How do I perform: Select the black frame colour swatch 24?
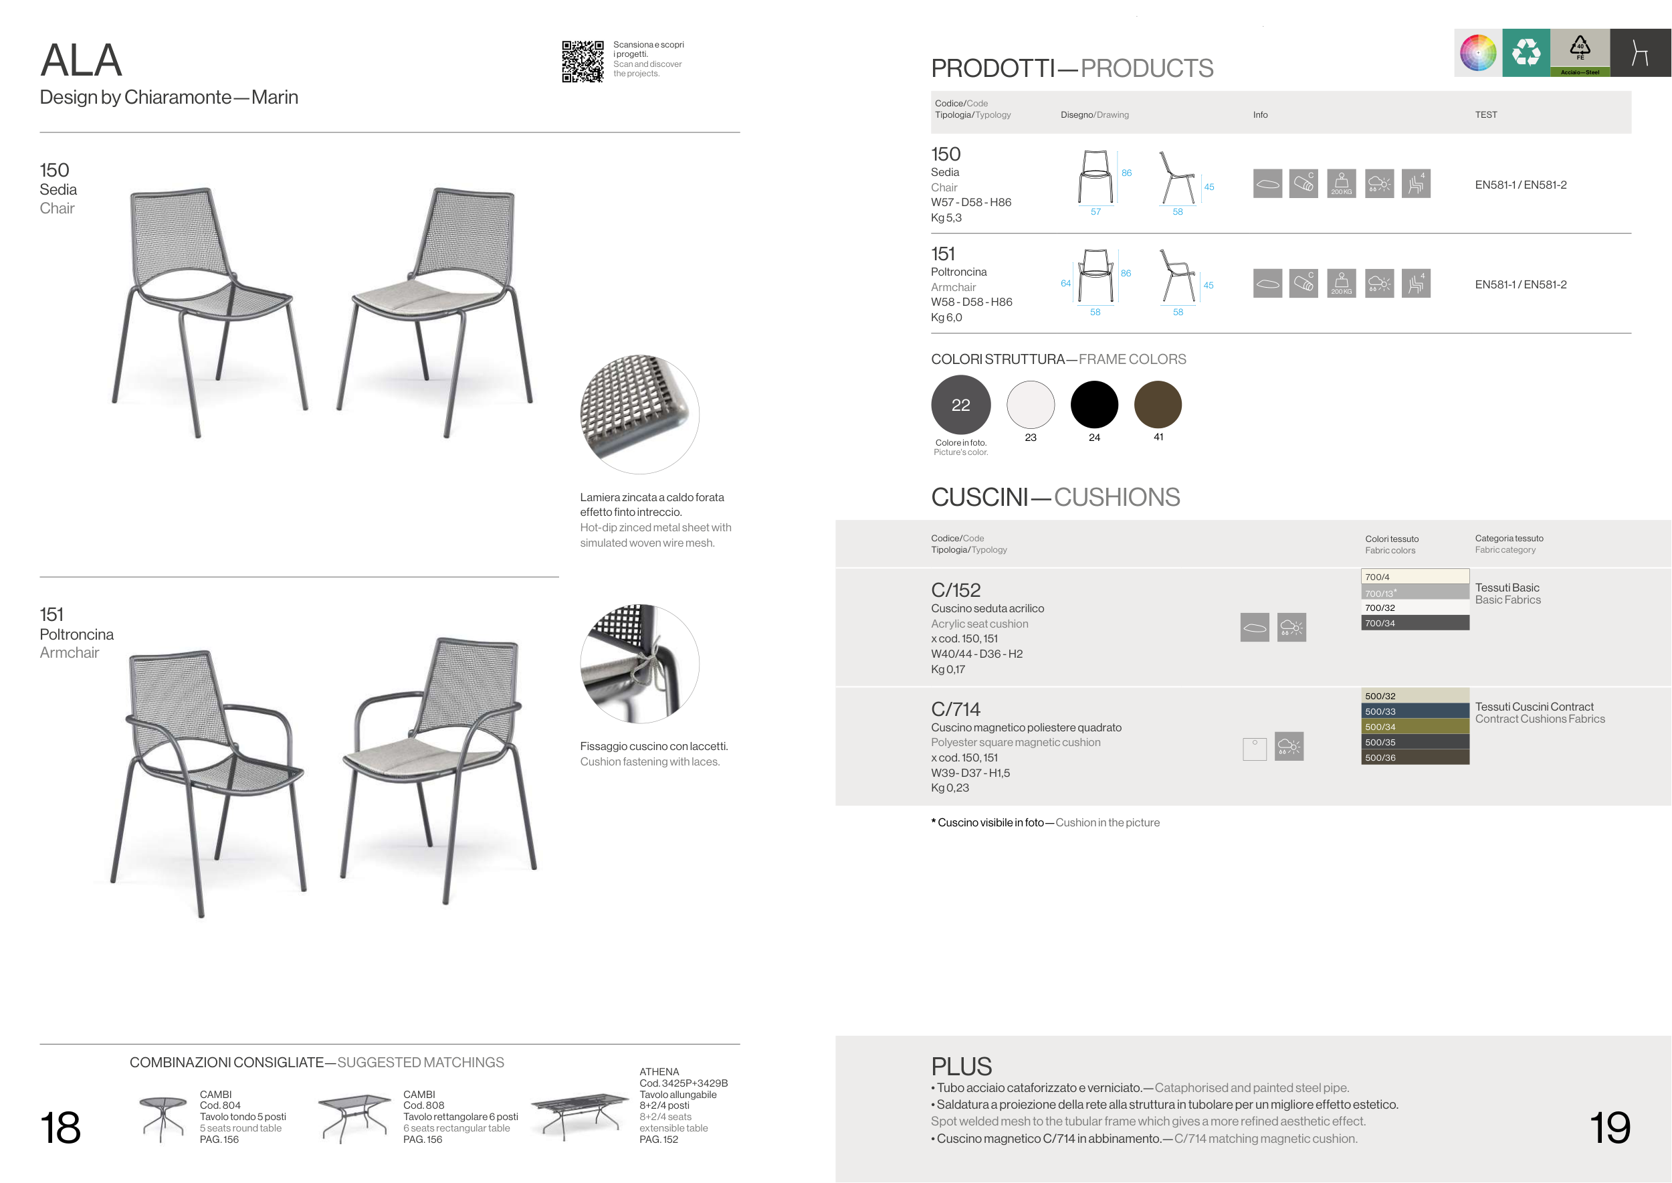[x=1093, y=404]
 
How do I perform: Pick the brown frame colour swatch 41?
[x=1158, y=404]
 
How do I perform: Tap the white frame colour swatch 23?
[x=1031, y=404]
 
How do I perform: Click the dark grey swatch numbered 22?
[x=960, y=404]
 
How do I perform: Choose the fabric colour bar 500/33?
[x=1415, y=711]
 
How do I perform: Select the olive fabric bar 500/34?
[x=1415, y=726]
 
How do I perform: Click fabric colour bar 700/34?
[x=1415, y=623]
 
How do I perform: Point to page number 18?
[x=60, y=1127]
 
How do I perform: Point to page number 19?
[x=1610, y=1127]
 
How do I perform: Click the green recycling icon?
[x=1526, y=52]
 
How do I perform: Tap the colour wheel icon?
[x=1478, y=52]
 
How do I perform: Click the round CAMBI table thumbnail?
[x=163, y=1119]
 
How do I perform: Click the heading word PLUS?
[x=961, y=1067]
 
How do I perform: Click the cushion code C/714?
[x=956, y=709]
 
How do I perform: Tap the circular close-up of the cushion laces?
[x=639, y=664]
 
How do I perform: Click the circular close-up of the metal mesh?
[x=639, y=414]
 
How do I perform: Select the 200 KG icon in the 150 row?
[x=1342, y=183]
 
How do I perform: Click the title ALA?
[x=81, y=60]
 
